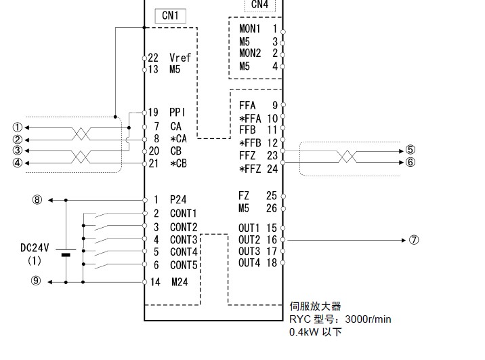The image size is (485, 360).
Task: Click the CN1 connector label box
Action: [170, 16]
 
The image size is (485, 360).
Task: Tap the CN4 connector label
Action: [259, 5]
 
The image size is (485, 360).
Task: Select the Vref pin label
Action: [180, 58]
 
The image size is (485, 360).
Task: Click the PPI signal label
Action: [177, 112]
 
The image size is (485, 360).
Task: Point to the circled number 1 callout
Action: [18, 127]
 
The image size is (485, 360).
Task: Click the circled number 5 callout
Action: [410, 151]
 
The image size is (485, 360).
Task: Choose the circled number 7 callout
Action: [415, 240]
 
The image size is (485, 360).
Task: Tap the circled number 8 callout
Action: [37, 200]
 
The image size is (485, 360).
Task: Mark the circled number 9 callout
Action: [37, 281]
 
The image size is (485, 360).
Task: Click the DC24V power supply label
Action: [35, 247]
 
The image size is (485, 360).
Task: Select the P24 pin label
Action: [178, 200]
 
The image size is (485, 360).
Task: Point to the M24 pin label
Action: [179, 281]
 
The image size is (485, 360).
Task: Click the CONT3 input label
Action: [184, 239]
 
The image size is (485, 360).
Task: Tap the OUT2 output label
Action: [249, 239]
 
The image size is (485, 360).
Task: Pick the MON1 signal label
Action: [250, 29]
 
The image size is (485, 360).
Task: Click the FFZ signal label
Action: [247, 155]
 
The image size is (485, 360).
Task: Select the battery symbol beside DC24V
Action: [66, 254]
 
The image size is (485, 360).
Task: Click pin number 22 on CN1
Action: [153, 58]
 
